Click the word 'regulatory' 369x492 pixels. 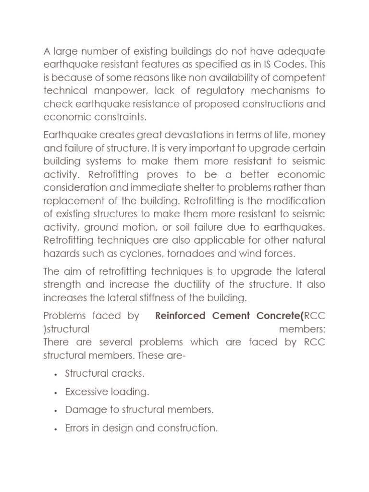(x=202, y=91)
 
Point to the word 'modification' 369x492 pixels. (x=296, y=200)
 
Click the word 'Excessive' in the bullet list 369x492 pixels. (x=84, y=392)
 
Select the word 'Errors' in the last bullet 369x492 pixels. (x=77, y=428)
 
